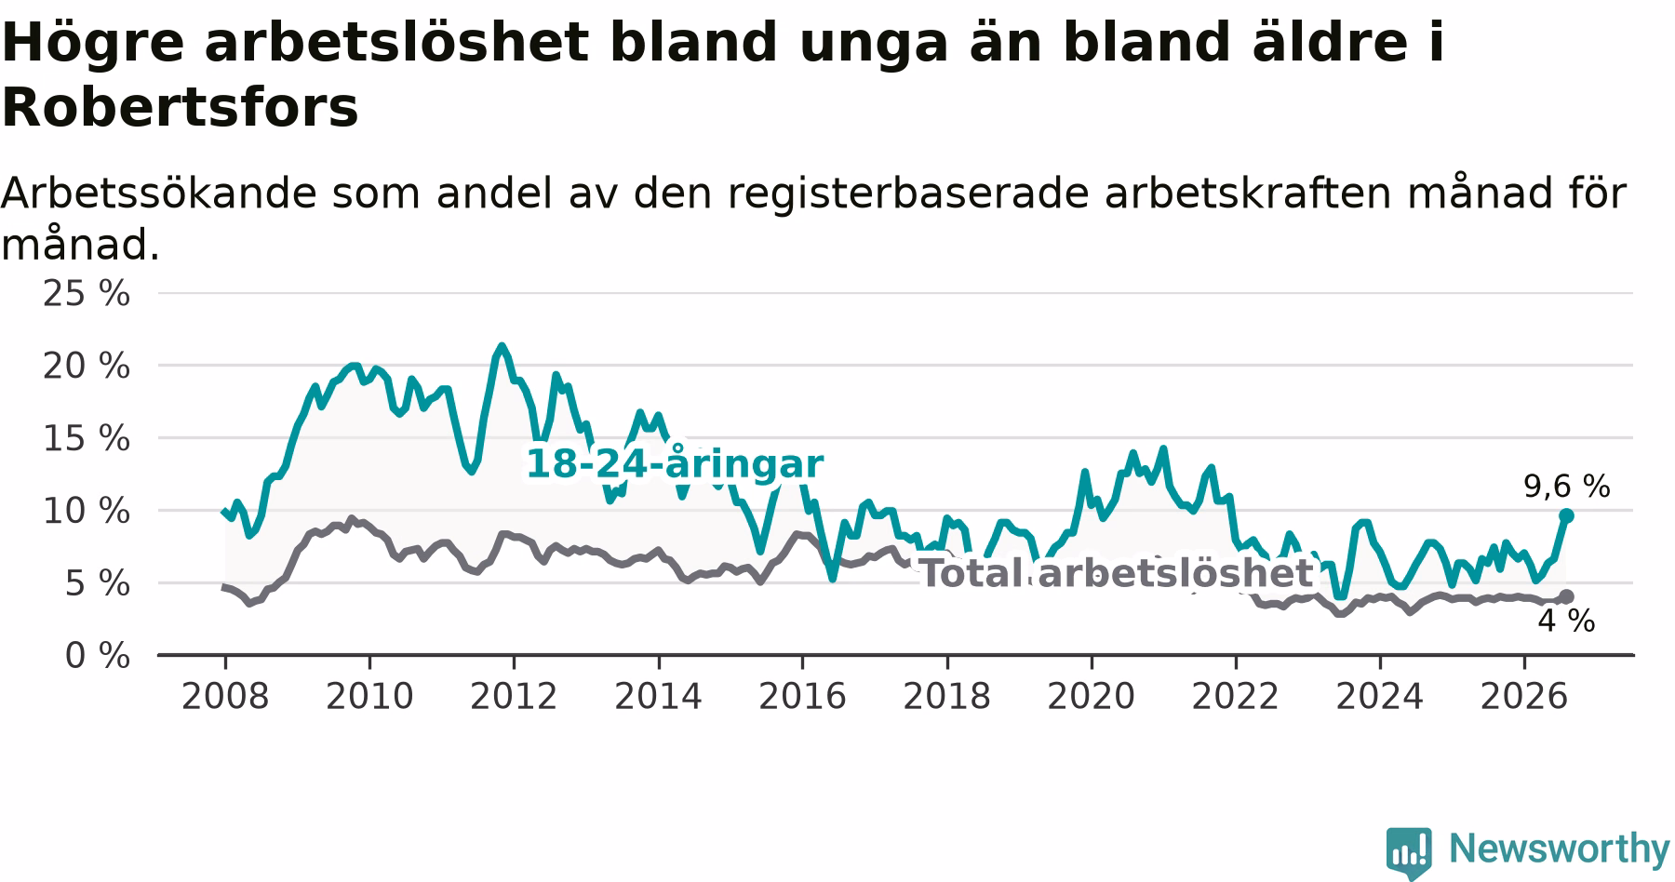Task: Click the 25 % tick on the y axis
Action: click(x=86, y=294)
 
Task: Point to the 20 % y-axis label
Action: click(x=86, y=367)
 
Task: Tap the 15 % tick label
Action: click(x=86, y=439)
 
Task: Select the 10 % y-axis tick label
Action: click(x=86, y=511)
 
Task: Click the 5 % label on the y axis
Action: click(x=97, y=583)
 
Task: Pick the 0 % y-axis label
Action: click(x=97, y=656)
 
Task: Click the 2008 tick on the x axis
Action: click(x=225, y=696)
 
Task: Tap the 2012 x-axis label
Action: click(x=514, y=696)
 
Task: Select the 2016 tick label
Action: click(x=802, y=696)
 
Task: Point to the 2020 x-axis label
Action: click(x=1092, y=696)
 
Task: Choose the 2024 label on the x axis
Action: click(x=1380, y=696)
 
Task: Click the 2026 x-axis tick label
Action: click(x=1524, y=696)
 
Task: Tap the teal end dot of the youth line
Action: click(x=1566, y=515)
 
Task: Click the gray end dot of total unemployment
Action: click(x=1566, y=596)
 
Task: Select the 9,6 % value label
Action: click(x=1566, y=486)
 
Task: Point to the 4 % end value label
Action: click(x=1566, y=621)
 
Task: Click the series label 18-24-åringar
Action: click(x=675, y=464)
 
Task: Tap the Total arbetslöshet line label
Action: click(x=1116, y=573)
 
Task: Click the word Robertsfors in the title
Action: click(x=180, y=108)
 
